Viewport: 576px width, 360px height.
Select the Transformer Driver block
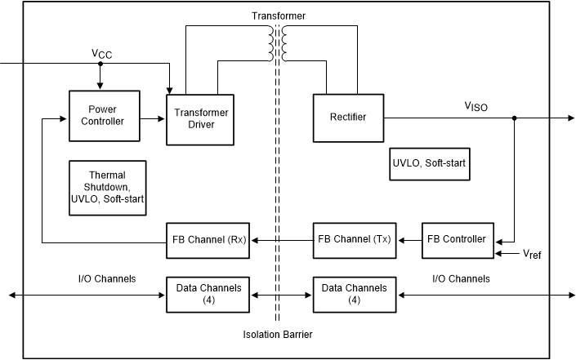click(201, 120)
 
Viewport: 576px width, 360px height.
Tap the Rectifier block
click(349, 118)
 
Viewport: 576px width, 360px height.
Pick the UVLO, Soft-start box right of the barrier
click(431, 163)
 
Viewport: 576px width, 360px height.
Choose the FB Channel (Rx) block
click(208, 240)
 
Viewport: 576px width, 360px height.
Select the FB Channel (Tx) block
click(354, 240)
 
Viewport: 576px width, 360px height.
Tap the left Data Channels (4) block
click(208, 294)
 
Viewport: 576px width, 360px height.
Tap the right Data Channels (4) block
click(354, 294)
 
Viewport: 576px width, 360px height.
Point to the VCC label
click(102, 53)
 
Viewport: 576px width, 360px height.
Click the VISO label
click(476, 105)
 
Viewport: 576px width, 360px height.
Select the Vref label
click(532, 255)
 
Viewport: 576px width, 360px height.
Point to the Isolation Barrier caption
click(278, 335)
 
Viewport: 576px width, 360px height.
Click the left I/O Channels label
click(101, 279)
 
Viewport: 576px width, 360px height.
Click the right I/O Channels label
click(460, 279)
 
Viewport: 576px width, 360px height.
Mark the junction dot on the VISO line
click(514, 118)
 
